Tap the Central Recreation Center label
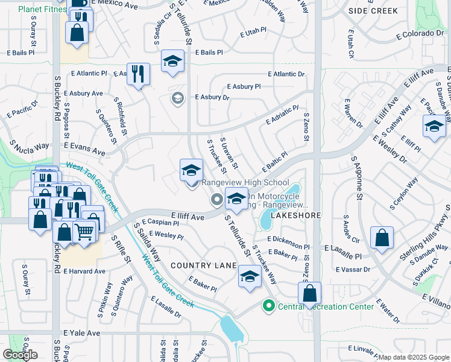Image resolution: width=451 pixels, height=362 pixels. click(x=326, y=306)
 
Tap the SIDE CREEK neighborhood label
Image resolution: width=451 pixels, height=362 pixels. click(x=373, y=11)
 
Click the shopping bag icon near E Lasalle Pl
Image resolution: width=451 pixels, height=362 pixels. click(x=382, y=238)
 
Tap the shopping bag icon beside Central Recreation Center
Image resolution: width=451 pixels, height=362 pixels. click(x=309, y=293)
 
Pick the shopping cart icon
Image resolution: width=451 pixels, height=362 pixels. click(x=85, y=230)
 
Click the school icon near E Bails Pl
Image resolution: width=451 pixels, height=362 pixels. click(x=172, y=61)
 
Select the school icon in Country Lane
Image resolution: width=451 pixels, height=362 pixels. click(x=250, y=277)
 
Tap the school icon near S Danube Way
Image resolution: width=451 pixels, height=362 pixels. click(x=434, y=127)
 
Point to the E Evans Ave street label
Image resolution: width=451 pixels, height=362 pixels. click(x=84, y=145)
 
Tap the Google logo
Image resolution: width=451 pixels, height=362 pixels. click(x=20, y=355)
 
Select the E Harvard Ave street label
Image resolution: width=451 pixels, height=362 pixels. click(x=84, y=271)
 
